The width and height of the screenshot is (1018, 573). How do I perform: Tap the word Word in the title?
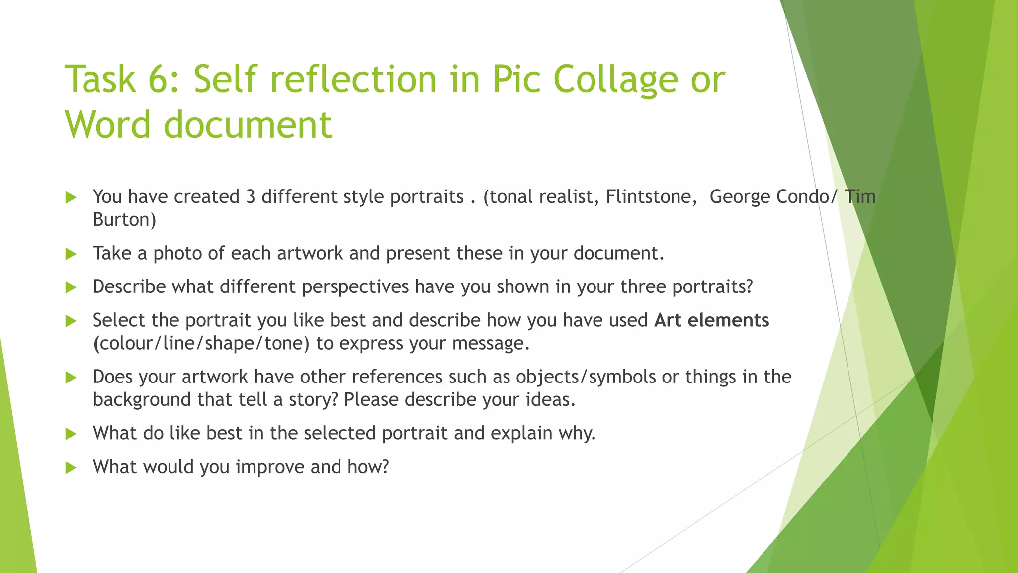[x=107, y=124]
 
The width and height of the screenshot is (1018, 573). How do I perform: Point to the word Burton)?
[x=124, y=220]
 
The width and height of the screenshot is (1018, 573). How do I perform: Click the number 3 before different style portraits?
[x=251, y=197]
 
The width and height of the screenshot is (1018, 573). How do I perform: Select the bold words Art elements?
[x=711, y=320]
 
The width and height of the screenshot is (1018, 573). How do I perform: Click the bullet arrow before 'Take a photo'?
[x=71, y=254]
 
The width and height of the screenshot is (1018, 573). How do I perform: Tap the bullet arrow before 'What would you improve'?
[x=71, y=468]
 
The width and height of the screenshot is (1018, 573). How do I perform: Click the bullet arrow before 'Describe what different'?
[x=71, y=287]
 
